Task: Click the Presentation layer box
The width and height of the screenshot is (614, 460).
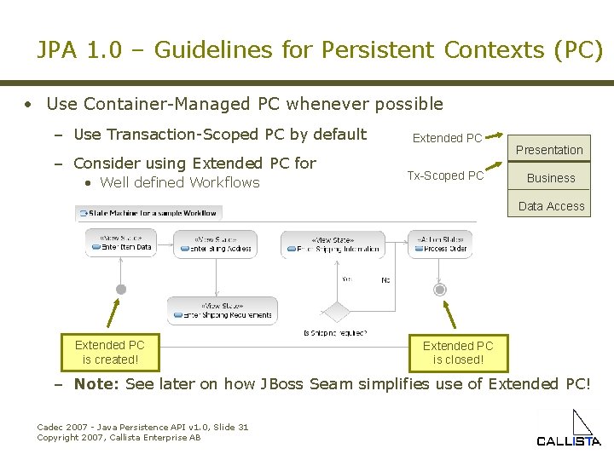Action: [x=549, y=150]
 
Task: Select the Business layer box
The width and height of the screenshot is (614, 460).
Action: [x=550, y=178]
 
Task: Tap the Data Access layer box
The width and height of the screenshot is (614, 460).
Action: [x=551, y=206]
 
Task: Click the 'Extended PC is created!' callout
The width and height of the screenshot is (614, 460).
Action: [x=109, y=352]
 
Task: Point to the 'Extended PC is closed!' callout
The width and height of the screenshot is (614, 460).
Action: [x=458, y=353]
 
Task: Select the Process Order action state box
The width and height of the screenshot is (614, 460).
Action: [x=440, y=244]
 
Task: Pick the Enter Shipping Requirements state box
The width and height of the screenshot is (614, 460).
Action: [x=222, y=311]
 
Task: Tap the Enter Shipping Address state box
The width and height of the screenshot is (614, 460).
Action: [x=215, y=244]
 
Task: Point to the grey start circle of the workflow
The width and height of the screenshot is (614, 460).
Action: [x=121, y=290]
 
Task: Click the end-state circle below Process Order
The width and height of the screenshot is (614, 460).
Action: [x=440, y=290]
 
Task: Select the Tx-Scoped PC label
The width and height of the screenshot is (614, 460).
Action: [x=445, y=175]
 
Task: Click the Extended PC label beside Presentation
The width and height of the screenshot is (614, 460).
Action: [x=447, y=138]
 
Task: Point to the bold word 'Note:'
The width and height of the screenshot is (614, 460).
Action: [x=96, y=383]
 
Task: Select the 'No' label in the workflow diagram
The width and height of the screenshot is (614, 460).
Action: [x=385, y=279]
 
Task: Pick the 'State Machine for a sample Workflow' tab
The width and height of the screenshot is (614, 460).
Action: [x=148, y=212]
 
